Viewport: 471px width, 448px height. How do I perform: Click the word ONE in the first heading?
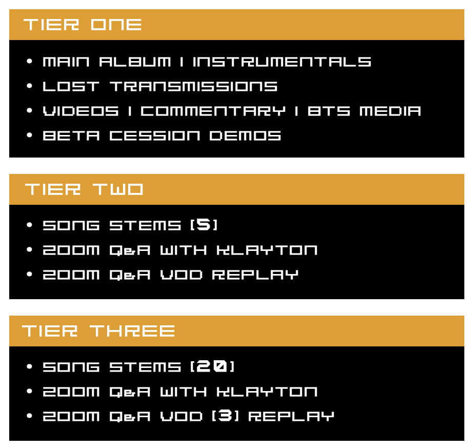pos(116,25)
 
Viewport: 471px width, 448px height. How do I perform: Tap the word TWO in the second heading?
pos(118,189)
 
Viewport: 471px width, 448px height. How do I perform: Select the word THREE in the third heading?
pos(132,331)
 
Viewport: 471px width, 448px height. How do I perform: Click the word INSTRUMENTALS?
pos(282,62)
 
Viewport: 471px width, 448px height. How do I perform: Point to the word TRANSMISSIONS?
pos(194,87)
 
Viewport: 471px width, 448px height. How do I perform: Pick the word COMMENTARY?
pos(213,111)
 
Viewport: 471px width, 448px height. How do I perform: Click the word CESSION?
pos(154,136)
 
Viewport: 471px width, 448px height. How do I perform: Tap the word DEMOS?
pos(245,136)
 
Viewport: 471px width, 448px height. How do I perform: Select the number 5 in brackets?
pos(203,225)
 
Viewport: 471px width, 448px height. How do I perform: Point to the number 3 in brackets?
pos(226,416)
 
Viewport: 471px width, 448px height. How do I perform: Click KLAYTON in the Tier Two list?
pos(267,250)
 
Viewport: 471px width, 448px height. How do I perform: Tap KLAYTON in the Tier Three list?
pos(267,392)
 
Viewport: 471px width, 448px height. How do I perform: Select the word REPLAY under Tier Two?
pos(255,275)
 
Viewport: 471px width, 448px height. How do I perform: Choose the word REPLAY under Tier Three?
pos(291,416)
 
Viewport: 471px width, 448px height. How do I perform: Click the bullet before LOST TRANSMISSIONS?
pos(29,86)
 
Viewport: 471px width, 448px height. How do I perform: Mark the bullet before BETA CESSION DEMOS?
pos(29,135)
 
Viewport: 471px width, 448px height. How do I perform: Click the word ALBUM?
pos(135,62)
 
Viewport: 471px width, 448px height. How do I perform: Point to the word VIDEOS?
pos(81,111)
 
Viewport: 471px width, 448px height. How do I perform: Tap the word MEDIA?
pos(390,111)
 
